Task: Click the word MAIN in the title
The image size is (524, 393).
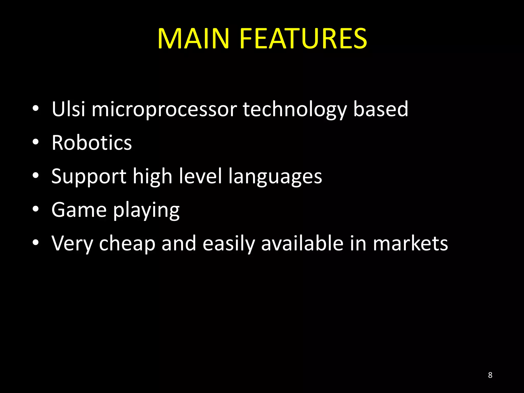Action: [x=193, y=39]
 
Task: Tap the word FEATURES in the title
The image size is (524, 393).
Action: [x=303, y=39]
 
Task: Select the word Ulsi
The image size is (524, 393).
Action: [x=68, y=109]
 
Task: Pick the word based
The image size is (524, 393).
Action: [x=380, y=109]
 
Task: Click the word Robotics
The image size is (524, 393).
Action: [x=92, y=143]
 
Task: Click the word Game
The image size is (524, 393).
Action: [x=79, y=210]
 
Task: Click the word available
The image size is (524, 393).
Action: [x=302, y=243]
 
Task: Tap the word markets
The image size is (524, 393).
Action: [x=410, y=243]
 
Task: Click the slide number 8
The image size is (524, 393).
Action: [x=490, y=375]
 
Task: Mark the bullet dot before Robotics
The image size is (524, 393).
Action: [x=36, y=142]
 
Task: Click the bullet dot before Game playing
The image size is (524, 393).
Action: [x=36, y=209]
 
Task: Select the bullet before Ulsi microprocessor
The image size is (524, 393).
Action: [x=36, y=108]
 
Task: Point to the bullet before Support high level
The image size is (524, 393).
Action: [x=36, y=176]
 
